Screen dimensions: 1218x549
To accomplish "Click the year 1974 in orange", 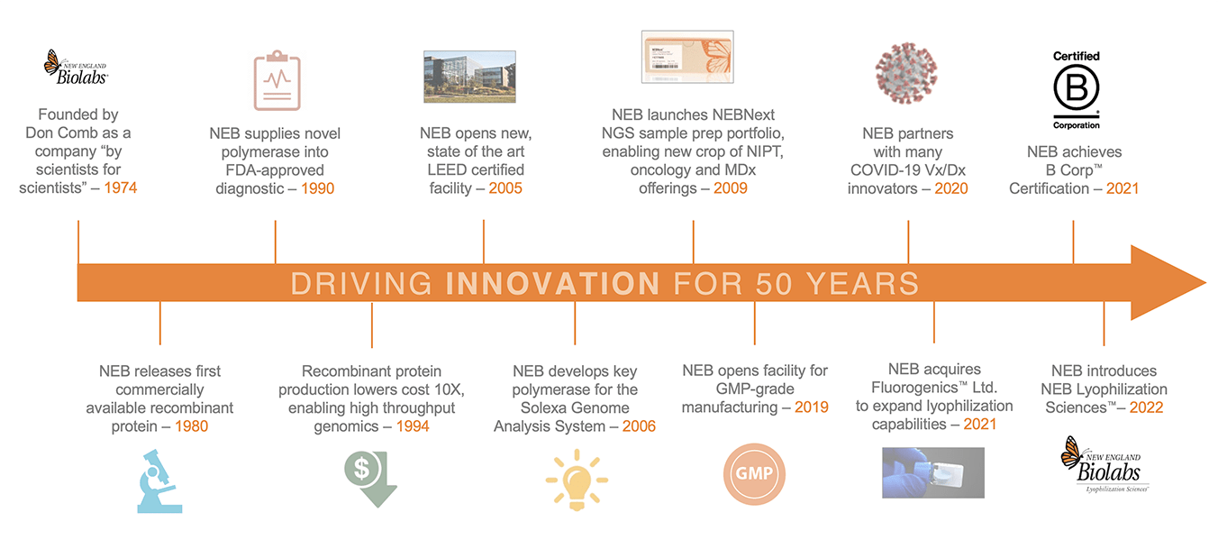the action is coord(120,188).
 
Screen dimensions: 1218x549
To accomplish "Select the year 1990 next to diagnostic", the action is coord(317,188).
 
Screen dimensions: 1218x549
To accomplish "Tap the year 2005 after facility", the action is coord(505,188).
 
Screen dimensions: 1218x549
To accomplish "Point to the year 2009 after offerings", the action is coord(731,188).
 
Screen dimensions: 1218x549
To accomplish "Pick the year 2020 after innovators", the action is coord(951,188).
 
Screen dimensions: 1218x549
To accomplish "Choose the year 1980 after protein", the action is coord(191,426).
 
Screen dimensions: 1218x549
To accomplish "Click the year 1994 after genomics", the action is coord(413,426).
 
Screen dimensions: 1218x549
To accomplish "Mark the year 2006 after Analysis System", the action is coord(639,426).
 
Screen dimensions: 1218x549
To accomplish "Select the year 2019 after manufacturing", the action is coord(812,407).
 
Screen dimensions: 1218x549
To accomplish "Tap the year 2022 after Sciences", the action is coord(1146,407).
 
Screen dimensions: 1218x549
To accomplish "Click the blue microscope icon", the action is coord(159,481).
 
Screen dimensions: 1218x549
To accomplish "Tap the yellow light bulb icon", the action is coord(577,480).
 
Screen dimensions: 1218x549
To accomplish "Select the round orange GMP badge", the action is coord(754,474).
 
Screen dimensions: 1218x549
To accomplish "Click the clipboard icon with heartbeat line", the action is coord(277,80).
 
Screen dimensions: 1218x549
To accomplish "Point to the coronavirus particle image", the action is coord(906,73).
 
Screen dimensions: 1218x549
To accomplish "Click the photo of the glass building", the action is coord(469,77).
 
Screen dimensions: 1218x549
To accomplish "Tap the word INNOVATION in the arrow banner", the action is coord(552,283).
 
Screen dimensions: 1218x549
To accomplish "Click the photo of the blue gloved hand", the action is coord(933,473).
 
